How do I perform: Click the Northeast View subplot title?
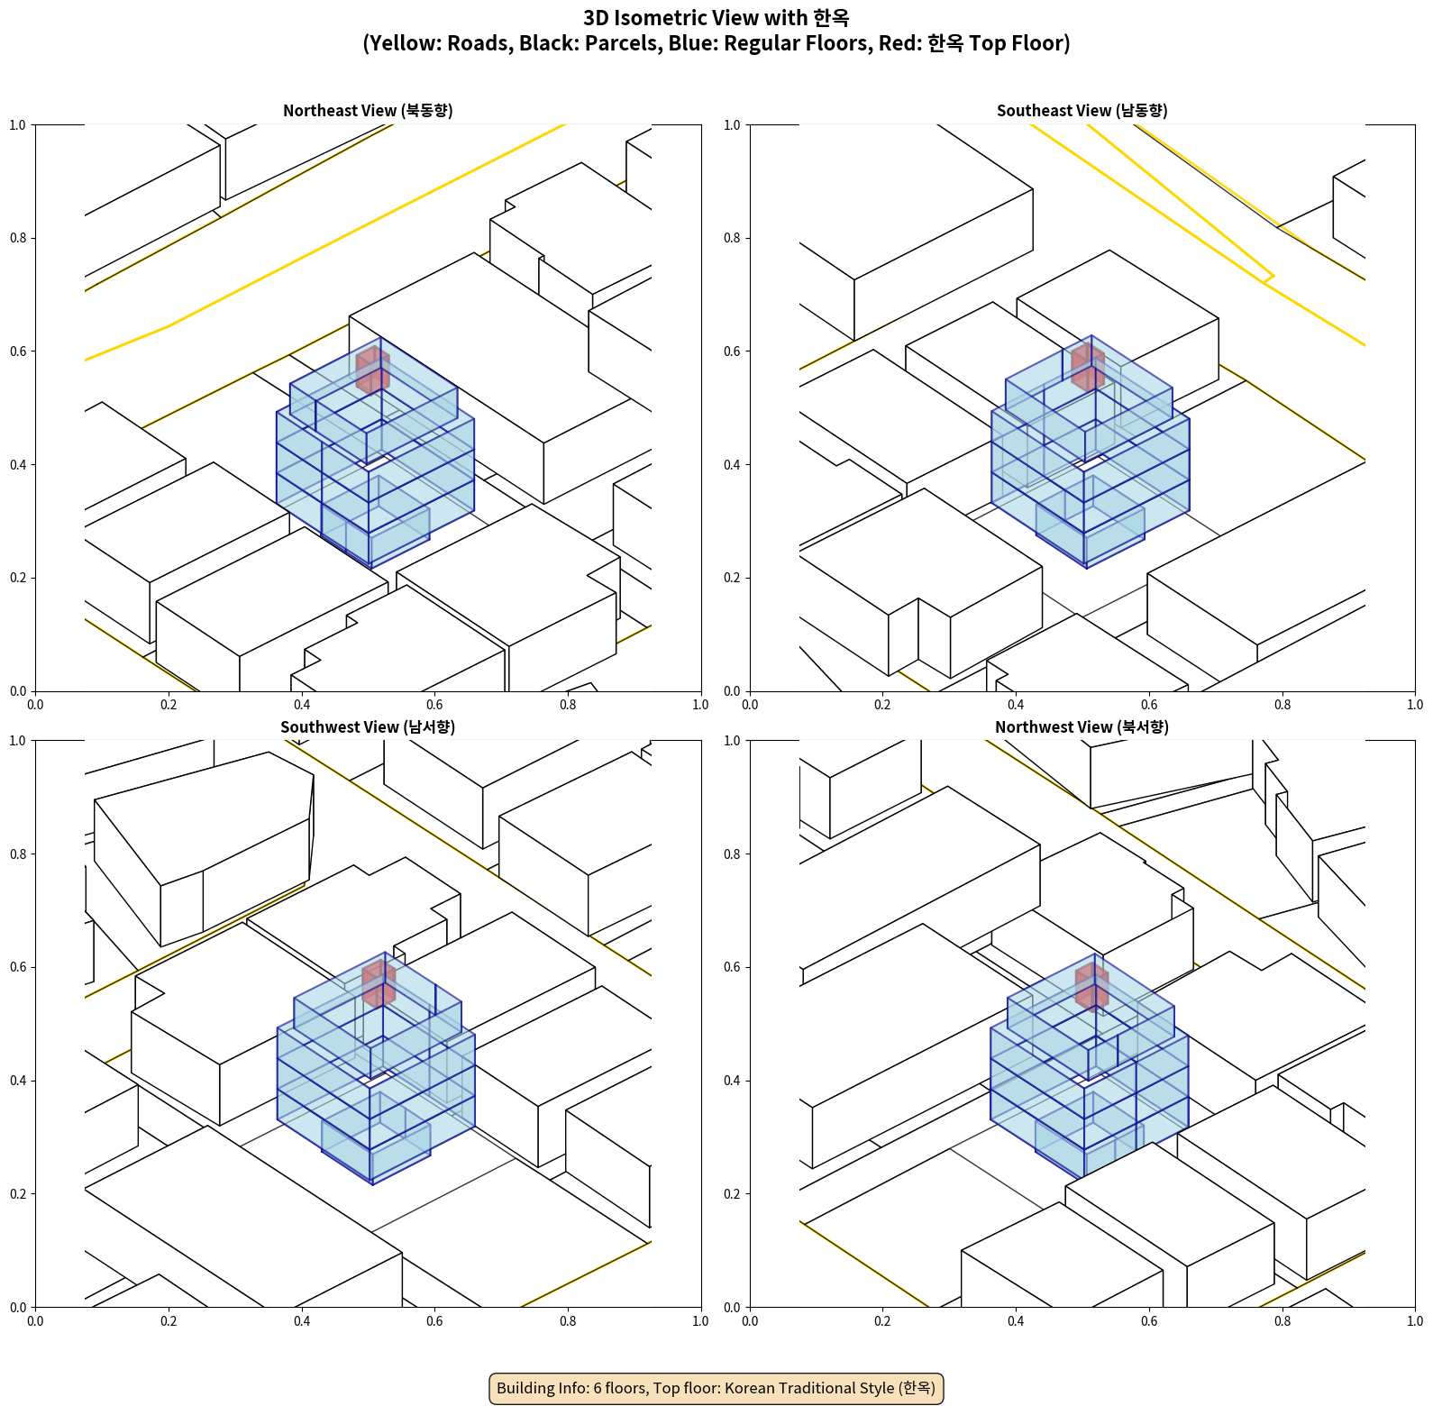click(368, 110)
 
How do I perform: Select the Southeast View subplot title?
click(1082, 110)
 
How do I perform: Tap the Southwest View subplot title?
click(368, 726)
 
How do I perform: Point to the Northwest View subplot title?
click(1082, 726)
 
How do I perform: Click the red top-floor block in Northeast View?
click(372, 370)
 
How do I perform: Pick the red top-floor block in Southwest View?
click(379, 983)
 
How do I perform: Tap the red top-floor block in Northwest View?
click(1091, 987)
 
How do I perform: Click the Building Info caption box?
click(716, 1388)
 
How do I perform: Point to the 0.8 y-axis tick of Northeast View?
click(18, 238)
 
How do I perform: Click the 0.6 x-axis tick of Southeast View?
click(1149, 705)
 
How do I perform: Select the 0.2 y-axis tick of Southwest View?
click(18, 1193)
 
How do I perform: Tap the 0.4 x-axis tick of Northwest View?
click(1016, 1321)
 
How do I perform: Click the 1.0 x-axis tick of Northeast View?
click(700, 705)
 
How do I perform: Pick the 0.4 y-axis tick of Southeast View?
click(732, 464)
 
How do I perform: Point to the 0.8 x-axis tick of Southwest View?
click(568, 1321)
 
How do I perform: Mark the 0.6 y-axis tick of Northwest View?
click(732, 967)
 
